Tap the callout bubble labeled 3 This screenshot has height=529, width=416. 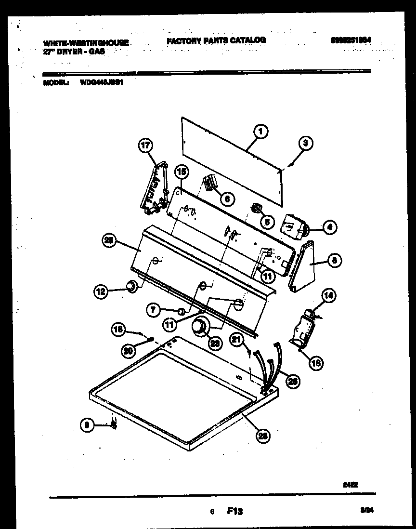[x=305, y=143]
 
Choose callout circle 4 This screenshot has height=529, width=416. [x=330, y=227]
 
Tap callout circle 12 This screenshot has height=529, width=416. [x=101, y=291]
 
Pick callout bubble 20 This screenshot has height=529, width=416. [x=128, y=351]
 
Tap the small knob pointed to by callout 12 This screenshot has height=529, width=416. [x=130, y=287]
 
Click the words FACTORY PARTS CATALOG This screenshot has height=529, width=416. [x=216, y=40]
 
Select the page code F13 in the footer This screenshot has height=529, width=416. [x=235, y=512]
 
